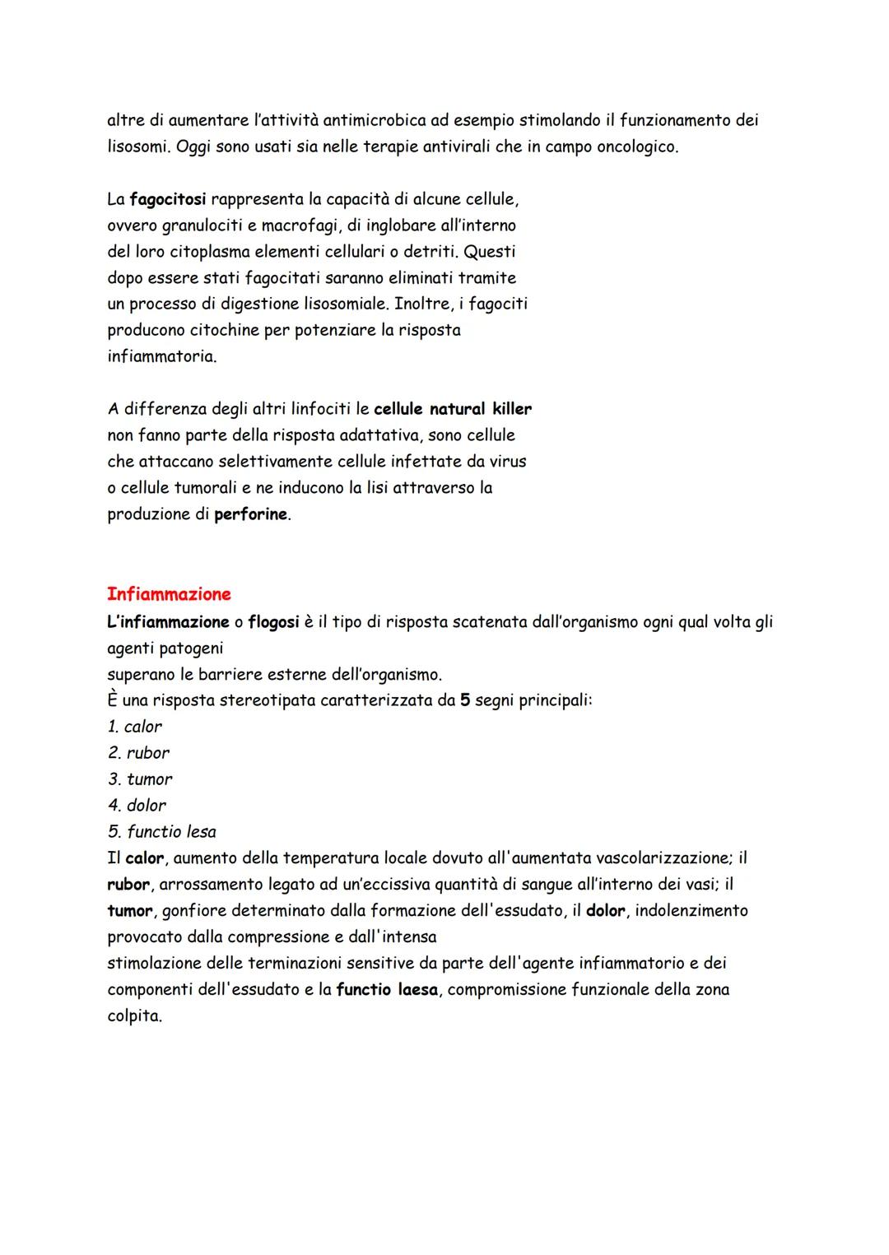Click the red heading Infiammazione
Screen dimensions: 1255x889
click(x=169, y=594)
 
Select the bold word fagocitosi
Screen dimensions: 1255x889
click(x=168, y=199)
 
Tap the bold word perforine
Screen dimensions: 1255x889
click(x=251, y=515)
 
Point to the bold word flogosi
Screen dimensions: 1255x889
click(x=273, y=621)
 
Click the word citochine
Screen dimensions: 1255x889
click(x=215, y=331)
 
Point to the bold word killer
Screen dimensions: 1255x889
click(x=512, y=409)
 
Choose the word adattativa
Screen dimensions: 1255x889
click(x=374, y=435)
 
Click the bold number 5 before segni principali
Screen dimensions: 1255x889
click(x=465, y=700)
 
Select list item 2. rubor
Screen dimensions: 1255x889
click(x=138, y=753)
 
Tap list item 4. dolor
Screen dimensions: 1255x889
click(x=137, y=806)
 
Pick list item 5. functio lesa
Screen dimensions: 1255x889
click(x=161, y=832)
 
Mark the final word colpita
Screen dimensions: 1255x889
click(x=134, y=1016)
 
